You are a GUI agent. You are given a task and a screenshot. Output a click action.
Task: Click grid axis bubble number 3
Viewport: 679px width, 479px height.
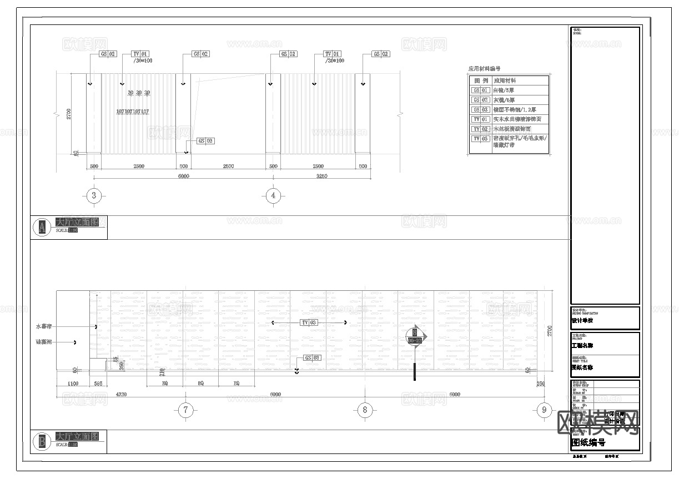(94, 195)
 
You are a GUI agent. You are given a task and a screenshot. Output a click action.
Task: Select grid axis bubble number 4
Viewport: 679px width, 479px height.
(273, 195)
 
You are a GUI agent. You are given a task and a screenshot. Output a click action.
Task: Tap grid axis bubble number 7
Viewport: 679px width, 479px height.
(185, 410)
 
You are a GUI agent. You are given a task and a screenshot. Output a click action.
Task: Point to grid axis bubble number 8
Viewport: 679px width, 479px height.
(364, 410)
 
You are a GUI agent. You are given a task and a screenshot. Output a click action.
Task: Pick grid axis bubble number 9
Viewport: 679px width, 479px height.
(544, 410)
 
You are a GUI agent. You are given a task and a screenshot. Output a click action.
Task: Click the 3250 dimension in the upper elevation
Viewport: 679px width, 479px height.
(321, 177)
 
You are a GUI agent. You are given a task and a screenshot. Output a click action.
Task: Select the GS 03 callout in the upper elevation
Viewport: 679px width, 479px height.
(205, 141)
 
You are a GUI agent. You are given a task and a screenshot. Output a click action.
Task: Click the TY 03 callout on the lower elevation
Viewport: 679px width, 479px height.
(309, 322)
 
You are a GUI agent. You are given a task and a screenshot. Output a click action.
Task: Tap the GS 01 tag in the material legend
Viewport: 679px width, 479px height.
(480, 90)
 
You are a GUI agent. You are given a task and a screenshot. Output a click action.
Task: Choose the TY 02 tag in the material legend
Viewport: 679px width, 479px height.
(480, 129)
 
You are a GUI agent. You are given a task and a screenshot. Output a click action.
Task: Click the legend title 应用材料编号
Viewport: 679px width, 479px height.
(484, 69)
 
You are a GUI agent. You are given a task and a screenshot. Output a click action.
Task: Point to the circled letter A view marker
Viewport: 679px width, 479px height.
(41, 227)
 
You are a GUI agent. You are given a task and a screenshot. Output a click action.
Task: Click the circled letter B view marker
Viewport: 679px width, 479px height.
(41, 442)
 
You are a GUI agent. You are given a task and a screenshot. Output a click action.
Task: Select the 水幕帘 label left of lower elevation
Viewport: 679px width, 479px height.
(43, 327)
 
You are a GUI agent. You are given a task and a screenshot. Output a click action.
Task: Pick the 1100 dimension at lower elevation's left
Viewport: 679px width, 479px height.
(73, 383)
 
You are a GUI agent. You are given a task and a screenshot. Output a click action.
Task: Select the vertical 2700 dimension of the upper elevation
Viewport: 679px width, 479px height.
(69, 114)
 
